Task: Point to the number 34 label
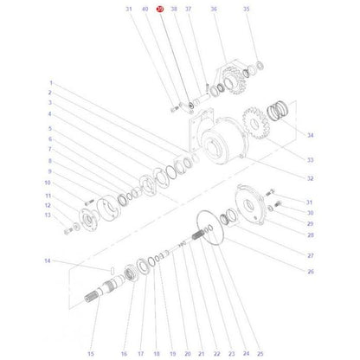click(x=310, y=136)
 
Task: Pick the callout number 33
click(x=310, y=160)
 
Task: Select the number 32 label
click(x=310, y=178)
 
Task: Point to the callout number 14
click(x=48, y=260)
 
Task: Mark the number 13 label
click(x=48, y=215)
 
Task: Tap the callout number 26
click(x=310, y=272)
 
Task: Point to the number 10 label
click(x=48, y=183)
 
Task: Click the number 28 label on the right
click(x=310, y=235)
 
